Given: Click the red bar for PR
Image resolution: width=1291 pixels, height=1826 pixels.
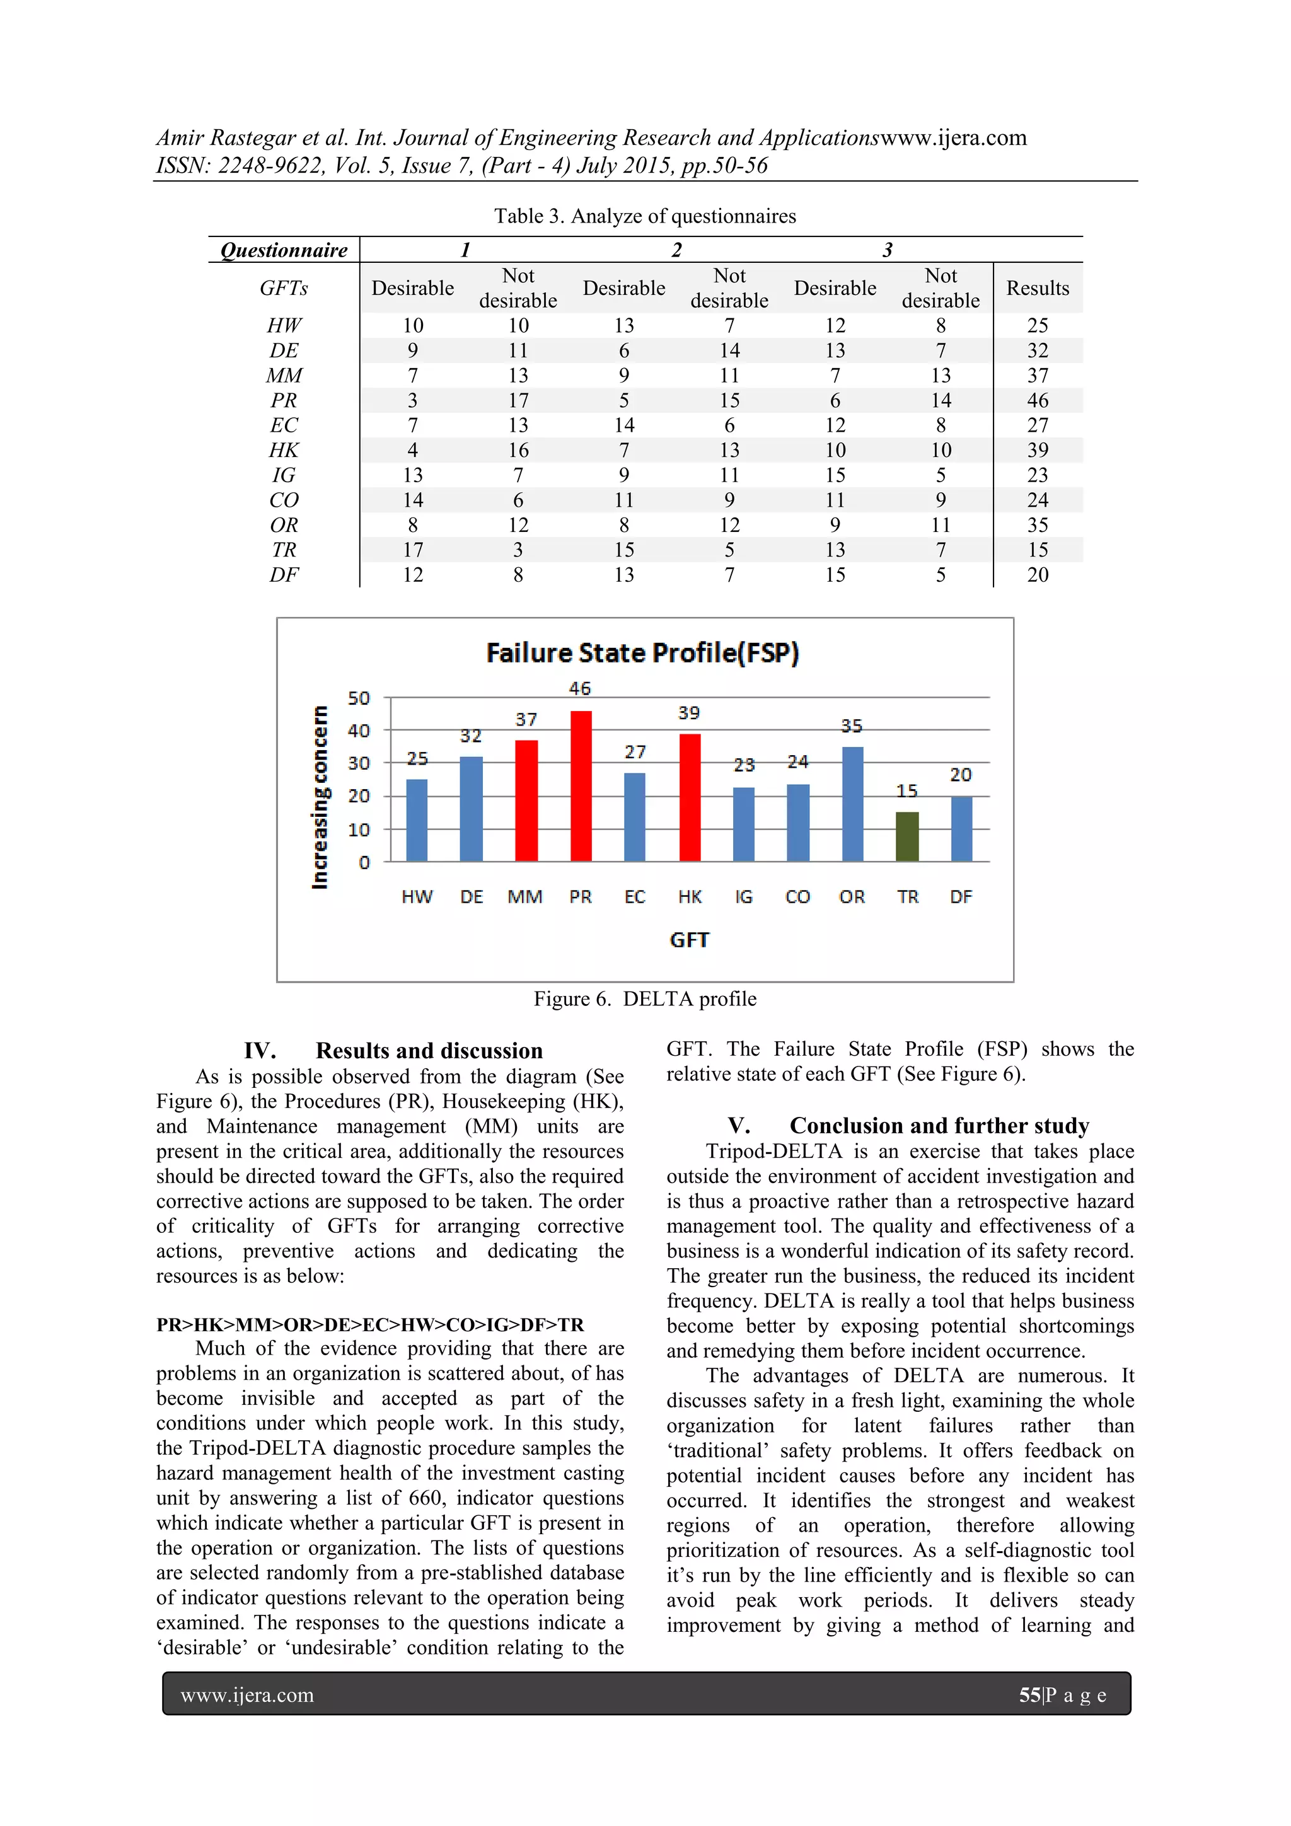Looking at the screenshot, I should pos(581,786).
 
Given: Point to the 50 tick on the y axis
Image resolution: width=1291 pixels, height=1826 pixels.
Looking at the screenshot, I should pos(359,698).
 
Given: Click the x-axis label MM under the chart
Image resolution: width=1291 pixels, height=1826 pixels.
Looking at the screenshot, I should pos(525,897).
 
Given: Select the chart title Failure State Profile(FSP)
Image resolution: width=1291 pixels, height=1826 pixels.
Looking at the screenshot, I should pos(643,653).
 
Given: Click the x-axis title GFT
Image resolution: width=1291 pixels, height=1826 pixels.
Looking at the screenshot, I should pos(689,940).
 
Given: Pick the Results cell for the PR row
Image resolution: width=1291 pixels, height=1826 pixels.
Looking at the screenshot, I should pos(1037,400).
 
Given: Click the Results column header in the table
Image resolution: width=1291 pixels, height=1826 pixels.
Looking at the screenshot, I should pos(1037,288).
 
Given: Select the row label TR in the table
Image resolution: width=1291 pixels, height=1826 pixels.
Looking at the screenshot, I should pos(284,550).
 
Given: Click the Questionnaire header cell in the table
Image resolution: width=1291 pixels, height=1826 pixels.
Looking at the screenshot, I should pos(284,250).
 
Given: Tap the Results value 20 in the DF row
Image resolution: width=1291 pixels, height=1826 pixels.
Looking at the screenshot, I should pos(1037,574).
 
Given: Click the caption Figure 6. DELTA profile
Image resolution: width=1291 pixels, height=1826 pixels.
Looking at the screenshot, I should pos(644,999).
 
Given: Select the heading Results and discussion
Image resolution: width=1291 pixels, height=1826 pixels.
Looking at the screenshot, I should pos(429,1051).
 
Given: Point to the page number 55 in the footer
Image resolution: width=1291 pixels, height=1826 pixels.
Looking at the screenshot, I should pos(1029,1695).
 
